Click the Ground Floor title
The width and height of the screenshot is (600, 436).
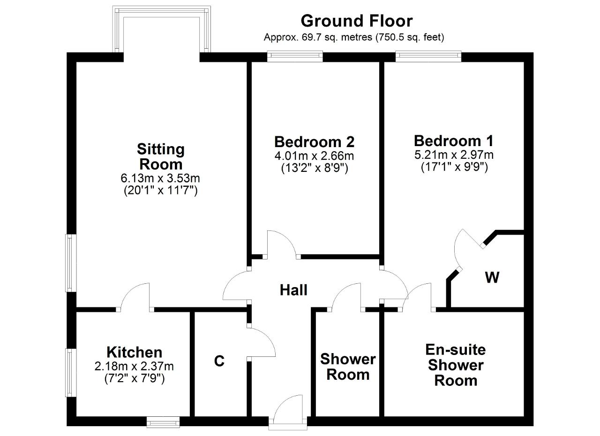(357, 21)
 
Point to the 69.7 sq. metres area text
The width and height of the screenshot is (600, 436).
(337, 37)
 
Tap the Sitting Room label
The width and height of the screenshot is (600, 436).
(161, 156)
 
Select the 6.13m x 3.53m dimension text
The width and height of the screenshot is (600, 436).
(160, 178)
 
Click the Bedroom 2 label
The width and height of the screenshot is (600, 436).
(315, 141)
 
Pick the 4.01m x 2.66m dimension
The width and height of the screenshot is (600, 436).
(315, 156)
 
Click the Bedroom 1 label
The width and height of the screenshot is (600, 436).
(454, 141)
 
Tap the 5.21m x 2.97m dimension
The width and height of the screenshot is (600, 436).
(454, 155)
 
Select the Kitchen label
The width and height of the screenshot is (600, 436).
(135, 352)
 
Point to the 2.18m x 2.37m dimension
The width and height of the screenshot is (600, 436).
(134, 366)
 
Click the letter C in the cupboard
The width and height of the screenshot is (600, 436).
(219, 361)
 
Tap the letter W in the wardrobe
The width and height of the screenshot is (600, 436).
(492, 277)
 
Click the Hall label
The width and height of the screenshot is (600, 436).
(293, 290)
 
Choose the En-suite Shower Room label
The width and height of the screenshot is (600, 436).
(456, 365)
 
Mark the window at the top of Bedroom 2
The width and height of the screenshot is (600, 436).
(295, 56)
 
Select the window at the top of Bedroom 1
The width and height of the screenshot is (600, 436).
(428, 56)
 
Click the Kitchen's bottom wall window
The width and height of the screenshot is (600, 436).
(163, 422)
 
